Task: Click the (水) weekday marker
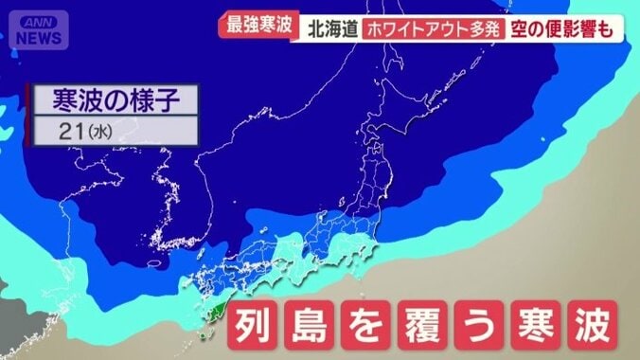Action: (99, 132)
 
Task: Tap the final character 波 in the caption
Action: (596, 327)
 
